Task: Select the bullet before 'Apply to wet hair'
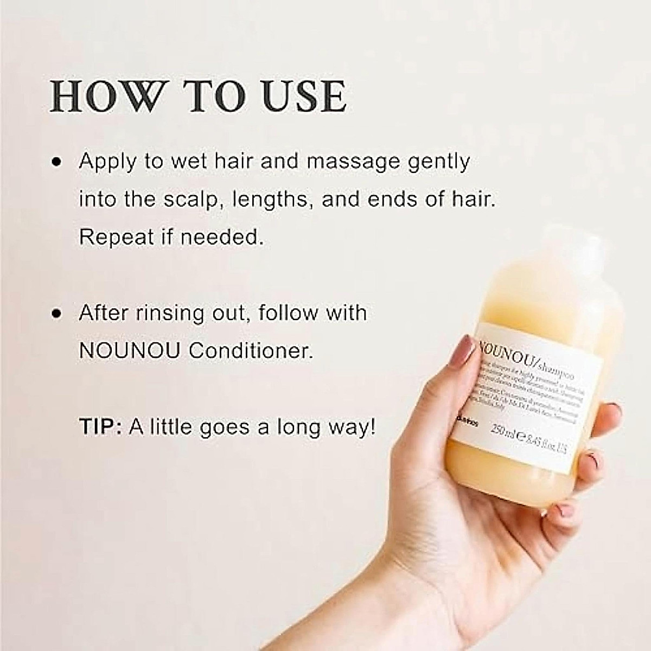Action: coord(55,162)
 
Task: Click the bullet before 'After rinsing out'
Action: coord(55,314)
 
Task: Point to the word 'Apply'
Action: coord(106,162)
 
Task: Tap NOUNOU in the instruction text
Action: coord(130,351)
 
